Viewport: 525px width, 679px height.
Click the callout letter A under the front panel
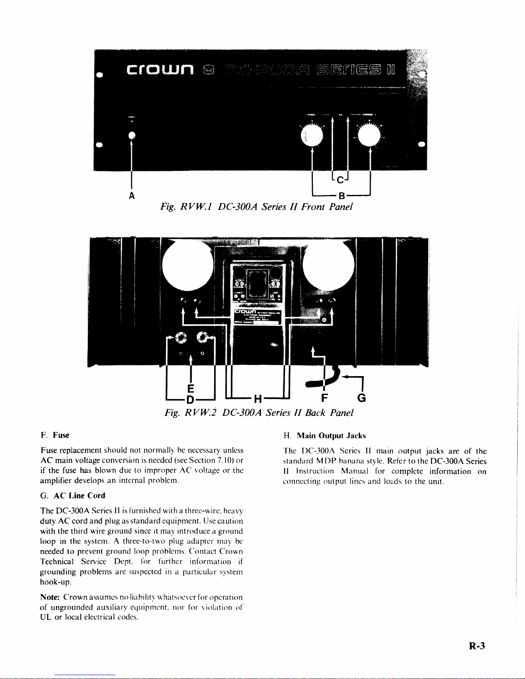[x=132, y=196]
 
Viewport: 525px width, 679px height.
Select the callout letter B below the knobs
[x=342, y=196]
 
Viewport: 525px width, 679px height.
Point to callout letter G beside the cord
[x=361, y=398]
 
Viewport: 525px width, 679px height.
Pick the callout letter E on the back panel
[x=191, y=388]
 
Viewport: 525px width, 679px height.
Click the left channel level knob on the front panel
[x=314, y=136]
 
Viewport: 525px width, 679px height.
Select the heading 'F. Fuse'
[x=55, y=435]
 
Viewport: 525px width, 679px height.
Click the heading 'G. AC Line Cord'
[x=72, y=496]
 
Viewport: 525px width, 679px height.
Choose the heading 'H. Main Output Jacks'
[x=324, y=436]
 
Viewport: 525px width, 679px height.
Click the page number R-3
[x=477, y=646]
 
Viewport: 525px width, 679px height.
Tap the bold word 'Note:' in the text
[x=50, y=597]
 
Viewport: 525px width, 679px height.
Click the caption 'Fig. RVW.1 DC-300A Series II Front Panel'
[x=256, y=207]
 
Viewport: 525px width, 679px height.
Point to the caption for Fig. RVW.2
[x=259, y=413]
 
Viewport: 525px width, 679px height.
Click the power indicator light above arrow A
[x=132, y=135]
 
